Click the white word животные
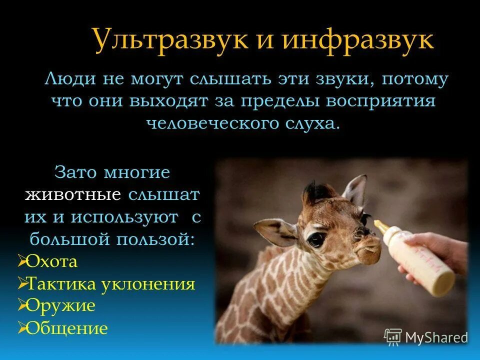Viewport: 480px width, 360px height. click(x=73, y=194)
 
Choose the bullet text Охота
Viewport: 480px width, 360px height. click(x=51, y=261)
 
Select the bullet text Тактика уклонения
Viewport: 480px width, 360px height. click(x=110, y=284)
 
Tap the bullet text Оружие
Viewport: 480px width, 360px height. click(x=60, y=305)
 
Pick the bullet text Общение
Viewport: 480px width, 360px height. click(x=66, y=328)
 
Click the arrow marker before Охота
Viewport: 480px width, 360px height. click(x=22, y=260)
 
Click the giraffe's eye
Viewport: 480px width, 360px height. click(x=314, y=239)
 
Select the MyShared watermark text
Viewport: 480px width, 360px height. click(x=436, y=337)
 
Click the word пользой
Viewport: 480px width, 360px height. click(x=155, y=238)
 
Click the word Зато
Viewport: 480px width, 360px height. click(x=75, y=173)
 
